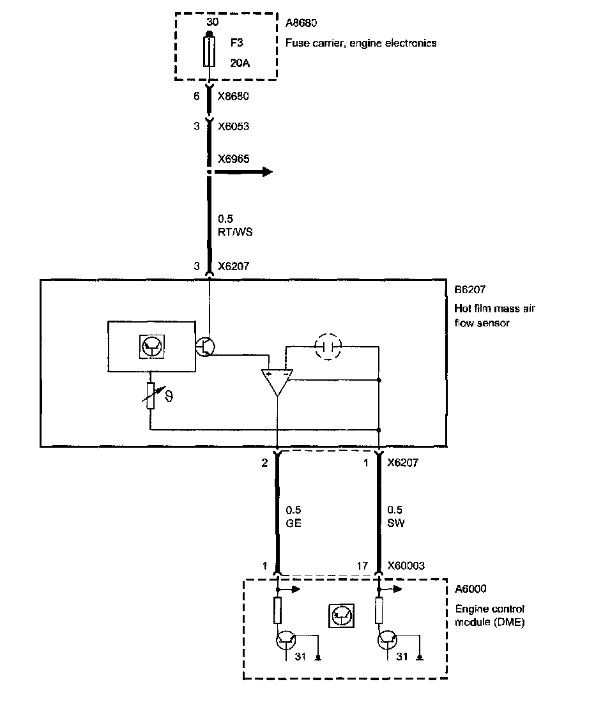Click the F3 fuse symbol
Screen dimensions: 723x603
tap(208, 52)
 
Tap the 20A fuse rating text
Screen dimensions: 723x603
tap(240, 63)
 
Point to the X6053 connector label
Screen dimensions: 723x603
tap(233, 126)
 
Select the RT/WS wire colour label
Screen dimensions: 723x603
tap(235, 232)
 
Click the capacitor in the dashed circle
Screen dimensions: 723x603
tap(328, 346)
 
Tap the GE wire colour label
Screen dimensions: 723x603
tap(294, 522)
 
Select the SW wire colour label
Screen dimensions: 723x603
tap(396, 522)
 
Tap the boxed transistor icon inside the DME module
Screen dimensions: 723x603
tap(341, 615)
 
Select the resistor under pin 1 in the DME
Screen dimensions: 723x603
tap(277, 610)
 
